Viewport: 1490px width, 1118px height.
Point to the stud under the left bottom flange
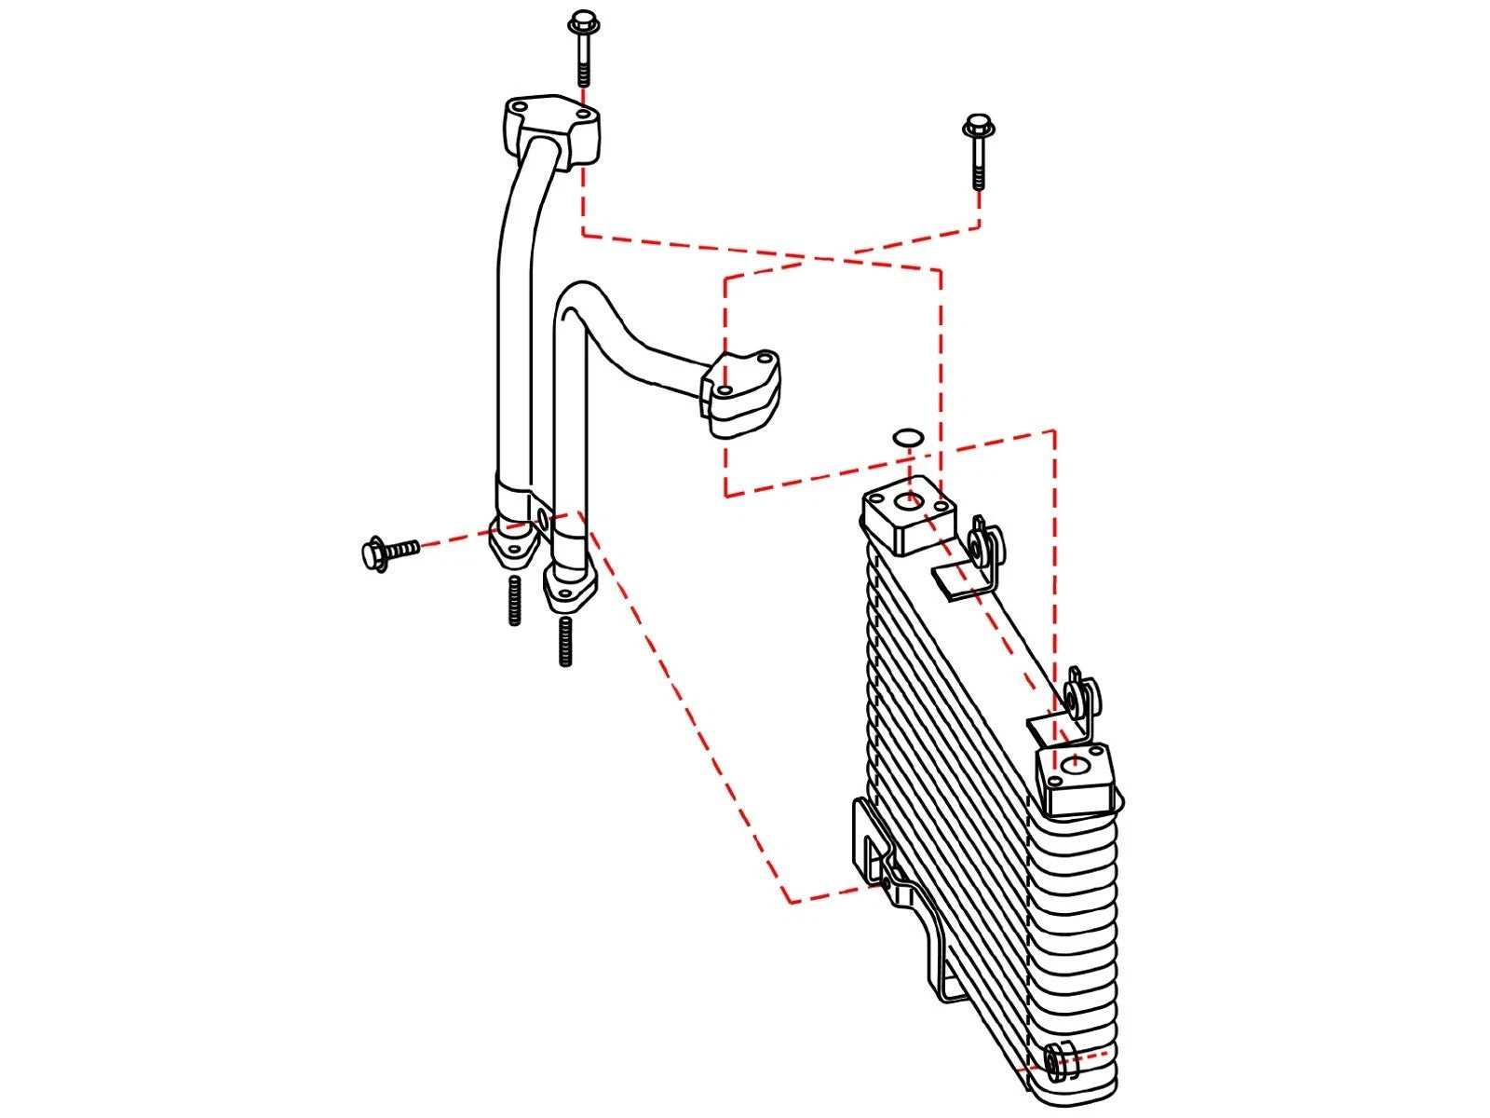click(514, 601)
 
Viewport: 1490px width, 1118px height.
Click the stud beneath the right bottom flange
click(565, 643)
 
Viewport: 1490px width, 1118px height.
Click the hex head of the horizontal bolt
click(372, 554)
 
